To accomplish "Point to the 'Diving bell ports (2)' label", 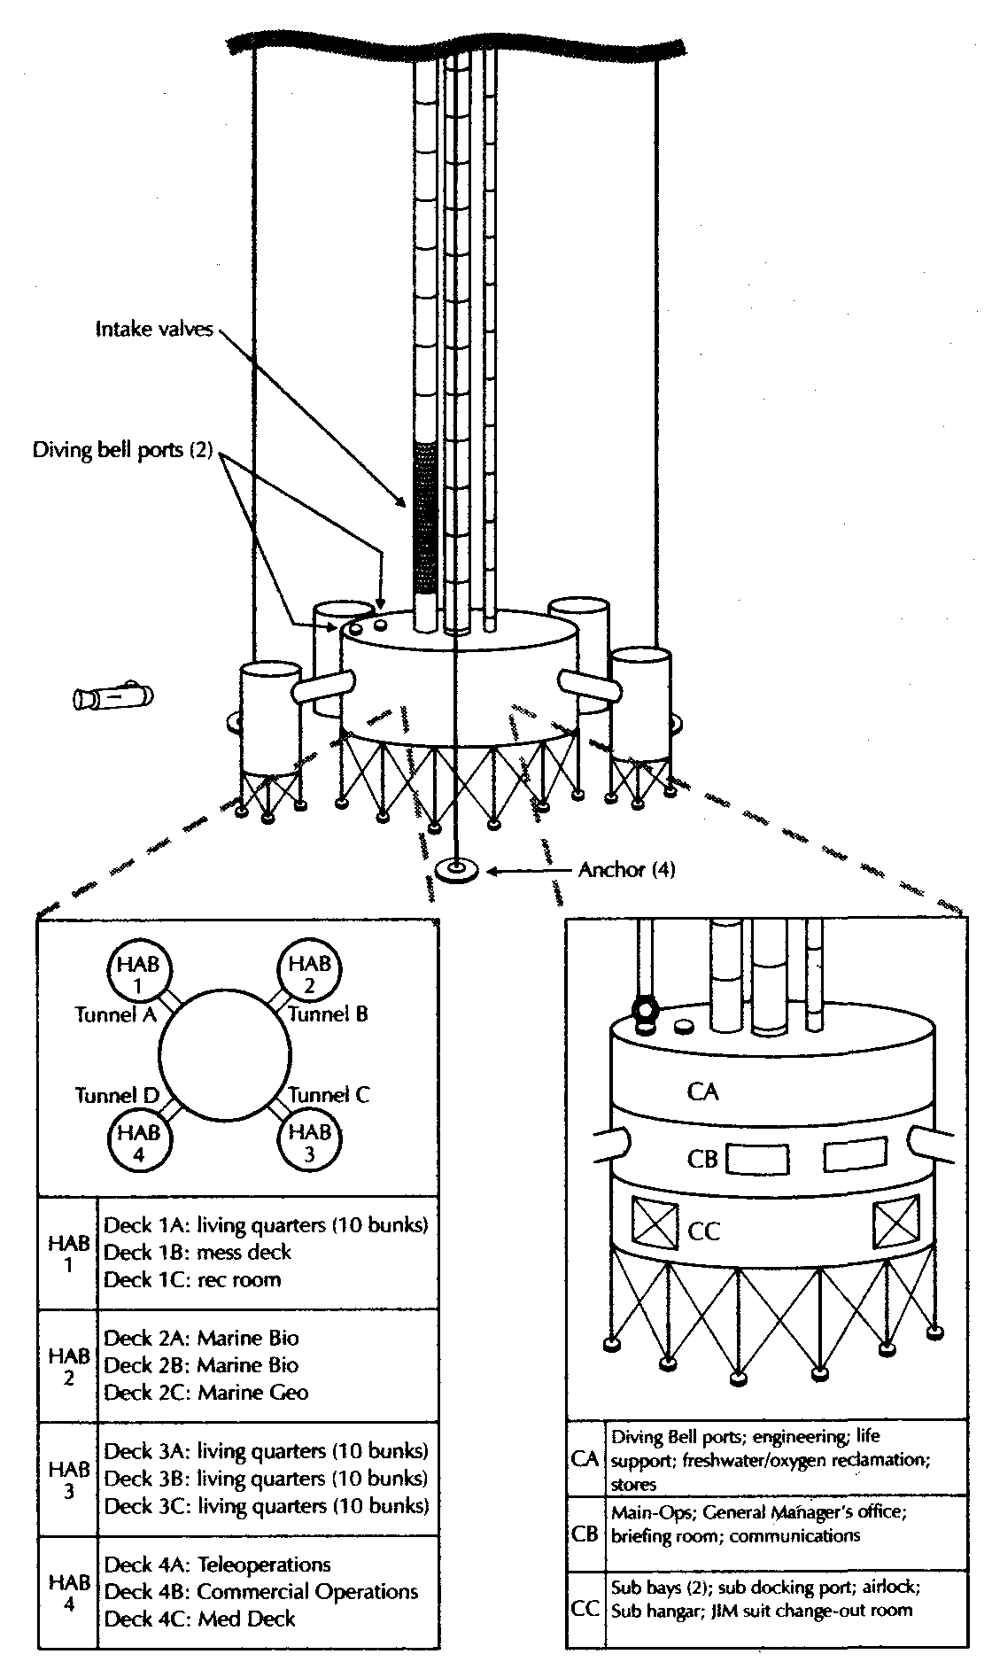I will point(123,450).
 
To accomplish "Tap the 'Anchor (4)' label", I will point(626,870).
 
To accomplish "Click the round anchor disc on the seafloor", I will point(458,869).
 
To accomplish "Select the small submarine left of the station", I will point(112,696).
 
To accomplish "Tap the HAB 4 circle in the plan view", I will point(139,1141).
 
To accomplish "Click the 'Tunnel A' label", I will point(115,1014).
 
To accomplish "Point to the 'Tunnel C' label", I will point(329,1095).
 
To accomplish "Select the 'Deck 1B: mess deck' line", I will point(198,1253).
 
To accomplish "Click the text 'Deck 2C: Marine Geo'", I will point(206,1393).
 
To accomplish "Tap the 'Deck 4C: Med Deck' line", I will point(199,1619).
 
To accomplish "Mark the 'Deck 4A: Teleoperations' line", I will point(217,1565).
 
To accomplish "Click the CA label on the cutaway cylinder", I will point(702,1091).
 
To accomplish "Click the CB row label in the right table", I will point(585,1534).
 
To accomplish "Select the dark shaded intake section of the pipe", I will point(426,517).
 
